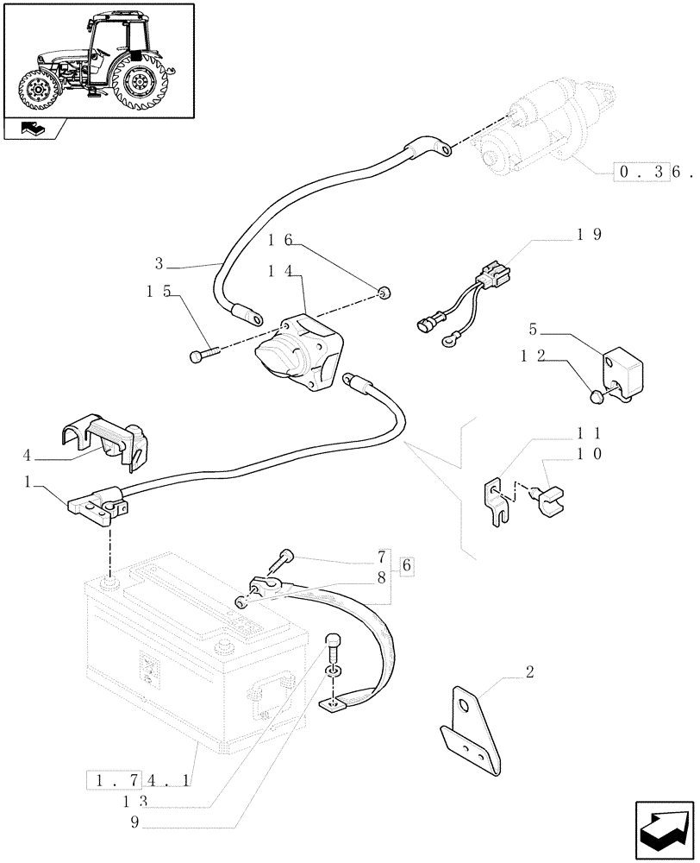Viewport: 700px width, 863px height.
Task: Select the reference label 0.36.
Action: tap(653, 172)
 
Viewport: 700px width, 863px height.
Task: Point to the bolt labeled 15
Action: tap(200, 354)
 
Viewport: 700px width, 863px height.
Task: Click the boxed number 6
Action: tap(408, 566)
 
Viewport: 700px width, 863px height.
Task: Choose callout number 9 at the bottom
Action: tap(135, 822)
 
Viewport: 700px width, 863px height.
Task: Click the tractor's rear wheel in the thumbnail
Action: tap(138, 85)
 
